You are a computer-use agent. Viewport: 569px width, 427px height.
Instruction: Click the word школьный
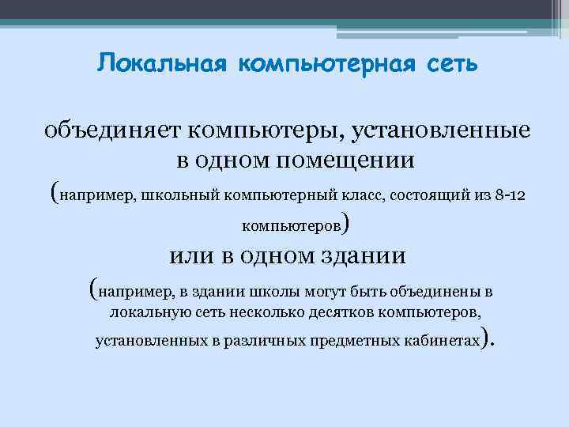(x=181, y=194)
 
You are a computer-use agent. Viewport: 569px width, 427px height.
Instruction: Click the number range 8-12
(x=507, y=194)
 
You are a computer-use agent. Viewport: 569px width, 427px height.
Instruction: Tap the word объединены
(x=435, y=290)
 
